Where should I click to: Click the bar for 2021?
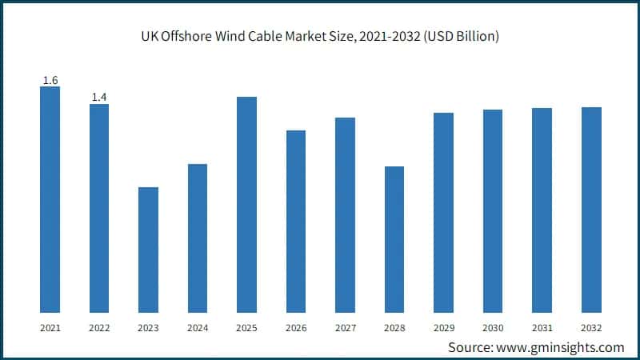click(50, 199)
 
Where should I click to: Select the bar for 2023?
click(148, 250)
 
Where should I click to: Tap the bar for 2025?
click(246, 204)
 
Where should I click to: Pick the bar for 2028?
click(394, 239)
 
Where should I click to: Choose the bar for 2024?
click(198, 238)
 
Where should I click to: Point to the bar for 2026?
click(296, 221)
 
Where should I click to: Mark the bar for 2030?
click(493, 210)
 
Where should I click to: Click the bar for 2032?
click(591, 210)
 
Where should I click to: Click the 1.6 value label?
click(50, 80)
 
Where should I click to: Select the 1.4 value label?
click(99, 97)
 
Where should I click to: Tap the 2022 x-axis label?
click(99, 328)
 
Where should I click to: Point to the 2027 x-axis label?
click(345, 328)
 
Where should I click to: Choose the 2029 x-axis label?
click(443, 328)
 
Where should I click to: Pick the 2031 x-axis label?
click(542, 328)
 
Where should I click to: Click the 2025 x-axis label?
click(246, 328)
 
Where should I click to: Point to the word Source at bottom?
click(470, 346)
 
